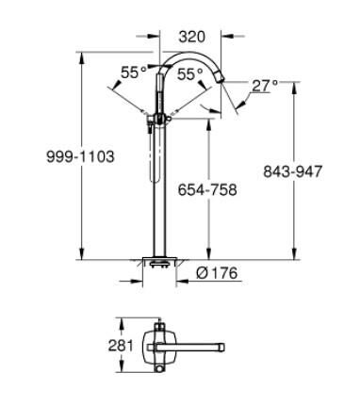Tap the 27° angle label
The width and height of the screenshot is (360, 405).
click(x=265, y=86)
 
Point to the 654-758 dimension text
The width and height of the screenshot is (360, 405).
click(x=207, y=189)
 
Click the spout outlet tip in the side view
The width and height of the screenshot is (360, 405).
click(x=224, y=82)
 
